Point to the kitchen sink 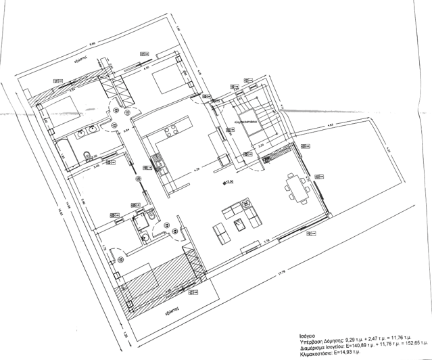(158, 161)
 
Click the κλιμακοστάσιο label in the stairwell (245, 122)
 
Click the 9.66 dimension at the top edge (101, 43)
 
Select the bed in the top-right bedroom (168, 81)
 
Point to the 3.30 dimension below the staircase (259, 145)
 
